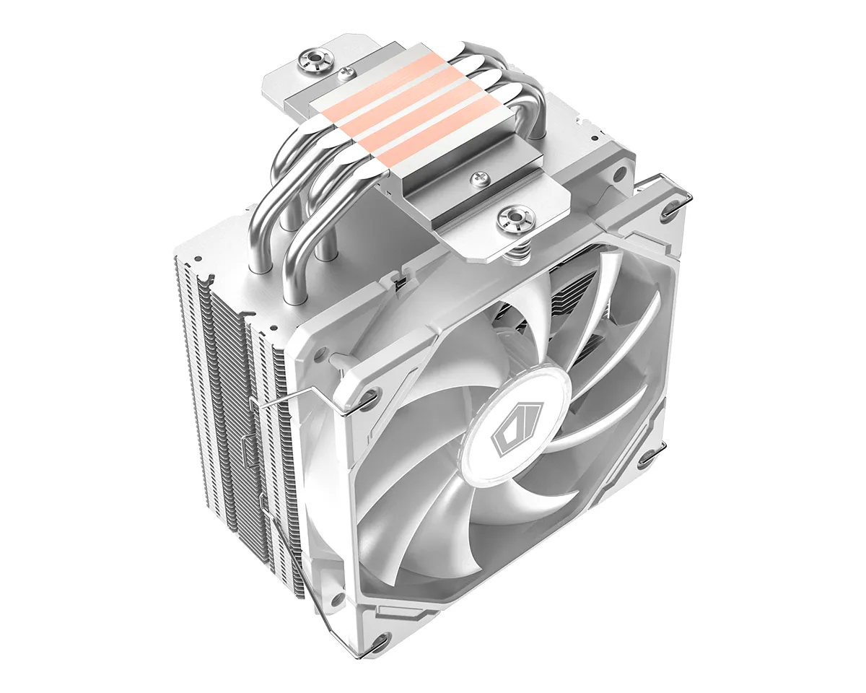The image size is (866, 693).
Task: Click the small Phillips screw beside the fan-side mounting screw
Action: click(x=477, y=177)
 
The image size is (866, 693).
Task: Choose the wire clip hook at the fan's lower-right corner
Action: click(x=652, y=459)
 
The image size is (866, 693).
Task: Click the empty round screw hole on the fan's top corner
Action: click(x=618, y=173)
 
